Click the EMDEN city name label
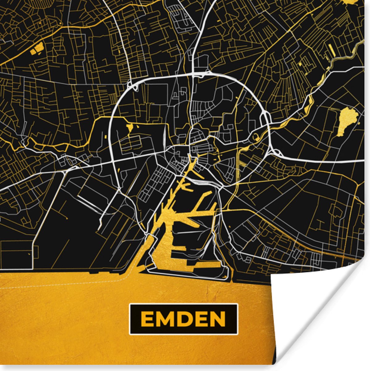point(184,319)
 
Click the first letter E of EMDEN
point(147,319)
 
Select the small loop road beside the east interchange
point(256,137)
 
